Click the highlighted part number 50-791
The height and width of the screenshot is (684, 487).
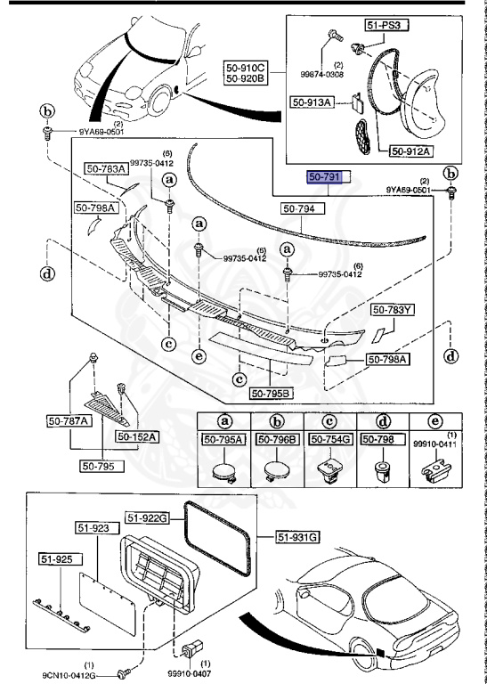click(x=324, y=177)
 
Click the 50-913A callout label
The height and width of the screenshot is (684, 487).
click(x=312, y=102)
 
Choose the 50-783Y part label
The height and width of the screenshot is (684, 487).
click(x=393, y=310)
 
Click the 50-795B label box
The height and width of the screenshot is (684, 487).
click(x=271, y=393)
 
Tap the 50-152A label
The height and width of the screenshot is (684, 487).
click(x=135, y=437)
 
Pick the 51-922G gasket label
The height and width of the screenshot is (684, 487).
click(x=145, y=517)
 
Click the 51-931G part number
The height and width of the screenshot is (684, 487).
click(x=297, y=536)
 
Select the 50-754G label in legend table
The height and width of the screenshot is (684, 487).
click(x=330, y=438)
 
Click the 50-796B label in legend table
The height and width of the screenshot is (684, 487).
click(x=278, y=438)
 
